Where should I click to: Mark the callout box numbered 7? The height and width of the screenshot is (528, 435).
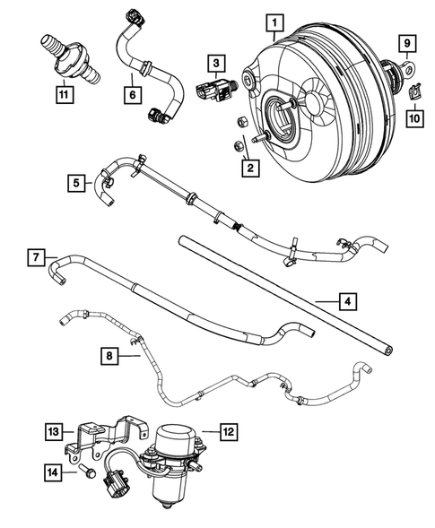(32, 258)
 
